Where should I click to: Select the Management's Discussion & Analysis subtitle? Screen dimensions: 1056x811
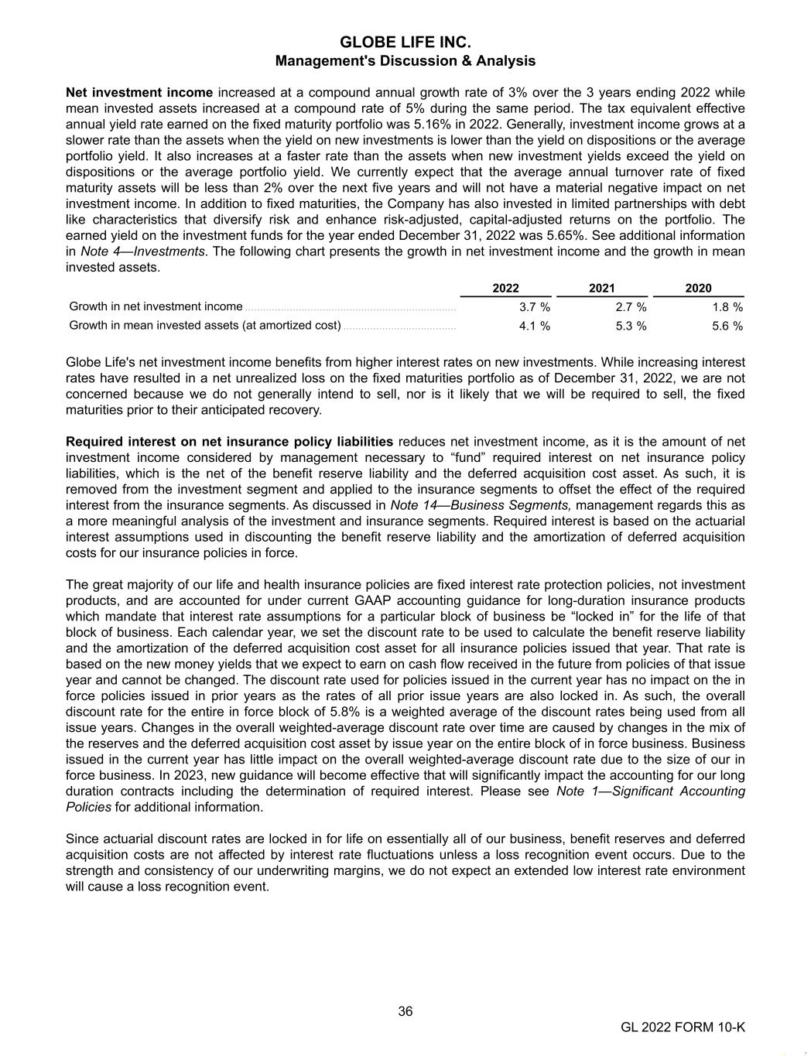click(x=405, y=60)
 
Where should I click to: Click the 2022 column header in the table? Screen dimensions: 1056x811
click(x=505, y=288)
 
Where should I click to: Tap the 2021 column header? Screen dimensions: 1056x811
click(x=601, y=288)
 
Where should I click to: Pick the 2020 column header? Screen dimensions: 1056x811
click(x=698, y=288)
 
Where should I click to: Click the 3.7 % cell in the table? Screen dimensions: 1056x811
click(x=534, y=307)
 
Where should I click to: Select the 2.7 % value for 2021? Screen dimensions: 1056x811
click(x=631, y=307)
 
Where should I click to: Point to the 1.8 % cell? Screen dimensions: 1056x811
click(x=727, y=307)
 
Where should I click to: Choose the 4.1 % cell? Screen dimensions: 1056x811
click(x=534, y=326)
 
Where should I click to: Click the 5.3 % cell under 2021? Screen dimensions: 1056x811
click(x=631, y=326)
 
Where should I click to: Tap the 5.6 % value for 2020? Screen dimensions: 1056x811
click(x=727, y=326)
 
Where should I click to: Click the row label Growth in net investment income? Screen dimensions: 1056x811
click(x=156, y=307)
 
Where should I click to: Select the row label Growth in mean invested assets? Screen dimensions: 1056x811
click(x=205, y=326)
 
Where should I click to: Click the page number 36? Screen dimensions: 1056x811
click(x=405, y=1011)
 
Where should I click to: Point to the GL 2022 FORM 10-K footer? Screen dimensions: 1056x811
click(x=683, y=1027)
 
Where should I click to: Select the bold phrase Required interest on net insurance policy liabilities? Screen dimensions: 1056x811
click(x=229, y=442)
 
